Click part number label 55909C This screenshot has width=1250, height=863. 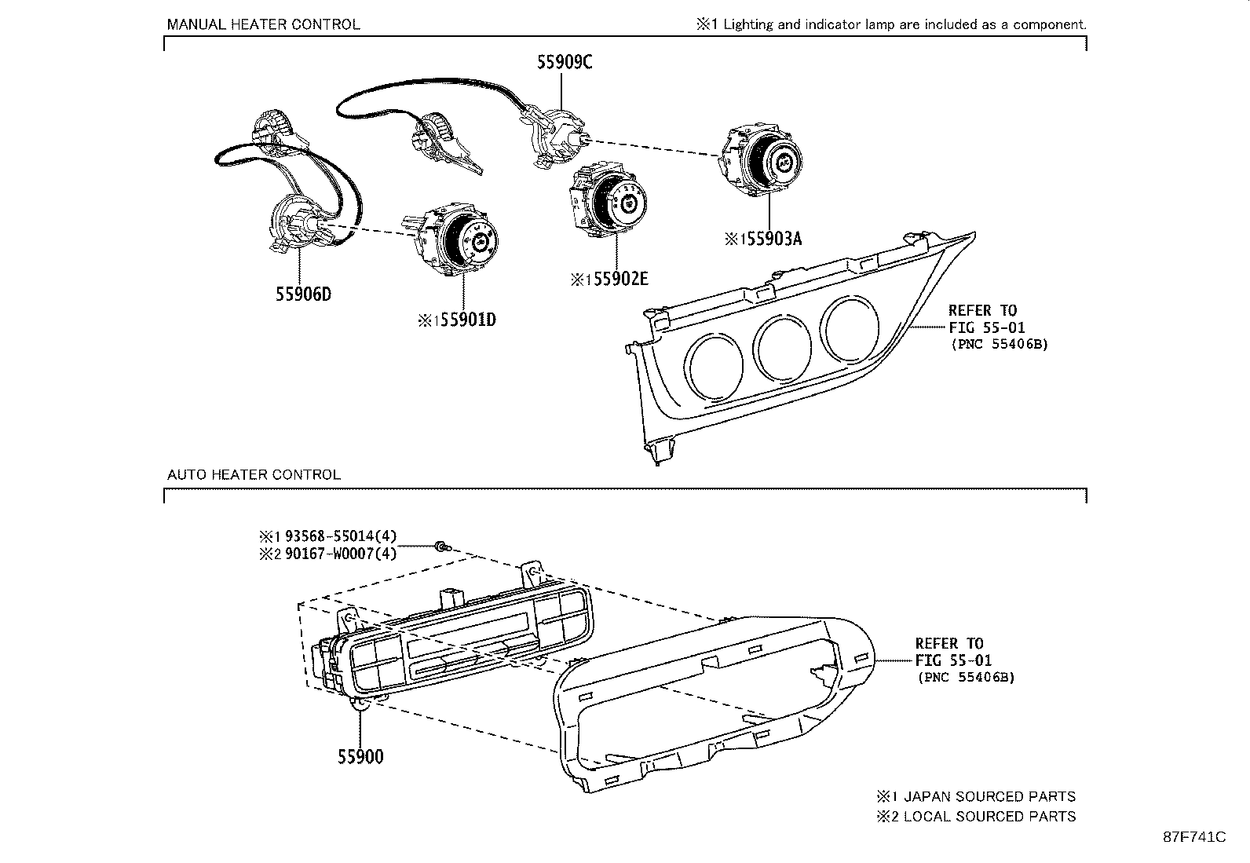pos(564,62)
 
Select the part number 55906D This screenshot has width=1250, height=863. pos(303,294)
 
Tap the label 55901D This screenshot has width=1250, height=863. pos(467,320)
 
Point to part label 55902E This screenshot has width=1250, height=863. pos(620,279)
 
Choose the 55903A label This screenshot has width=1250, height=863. pos(773,239)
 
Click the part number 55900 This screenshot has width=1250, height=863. pos(360,757)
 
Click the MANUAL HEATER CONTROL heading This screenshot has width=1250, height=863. pos(263,24)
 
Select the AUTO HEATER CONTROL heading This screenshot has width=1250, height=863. pos(254,474)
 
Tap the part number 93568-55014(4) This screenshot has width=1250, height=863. pos(340,536)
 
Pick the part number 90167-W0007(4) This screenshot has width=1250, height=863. pos(340,554)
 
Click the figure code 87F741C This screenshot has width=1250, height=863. pos(1193,837)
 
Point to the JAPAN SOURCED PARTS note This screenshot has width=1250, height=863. pos(989,796)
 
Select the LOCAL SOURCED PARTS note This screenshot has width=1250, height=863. pos(989,817)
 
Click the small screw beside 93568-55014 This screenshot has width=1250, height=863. pos(443,547)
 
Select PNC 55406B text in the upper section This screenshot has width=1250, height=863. pos(998,344)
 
